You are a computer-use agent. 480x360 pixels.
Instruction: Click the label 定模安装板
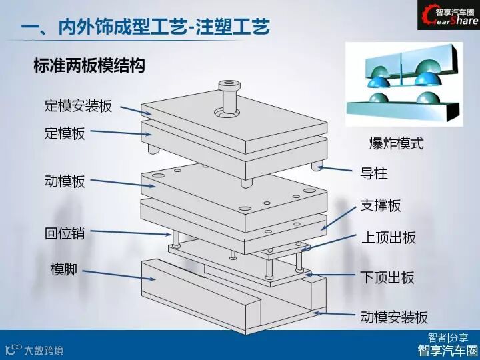pos(78,106)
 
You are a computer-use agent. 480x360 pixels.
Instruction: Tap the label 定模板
pos(65,133)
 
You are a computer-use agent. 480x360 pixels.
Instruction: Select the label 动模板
pos(65,181)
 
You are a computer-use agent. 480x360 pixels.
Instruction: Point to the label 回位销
pos(65,233)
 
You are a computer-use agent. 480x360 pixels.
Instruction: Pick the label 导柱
pos(374,175)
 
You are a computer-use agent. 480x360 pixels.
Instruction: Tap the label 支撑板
pos(381,205)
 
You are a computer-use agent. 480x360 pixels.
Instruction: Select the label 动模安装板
pos(394,317)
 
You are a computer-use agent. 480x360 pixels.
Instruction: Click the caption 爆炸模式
pos(397,143)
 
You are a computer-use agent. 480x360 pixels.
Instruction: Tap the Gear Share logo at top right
pos(448,16)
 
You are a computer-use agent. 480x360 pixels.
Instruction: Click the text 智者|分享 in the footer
pos(448,337)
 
